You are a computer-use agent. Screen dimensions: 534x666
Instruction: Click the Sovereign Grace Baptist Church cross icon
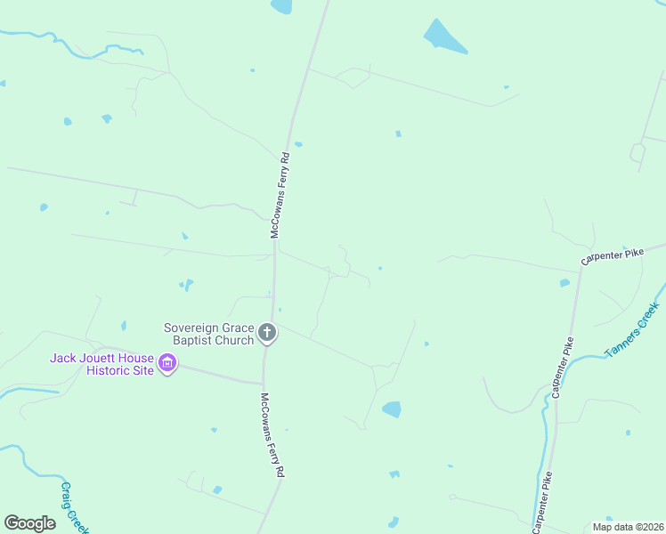click(267, 334)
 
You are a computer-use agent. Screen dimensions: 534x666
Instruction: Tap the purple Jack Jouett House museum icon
click(166, 363)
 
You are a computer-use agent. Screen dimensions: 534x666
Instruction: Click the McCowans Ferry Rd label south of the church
click(272, 435)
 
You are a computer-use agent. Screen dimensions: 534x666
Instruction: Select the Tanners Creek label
click(632, 330)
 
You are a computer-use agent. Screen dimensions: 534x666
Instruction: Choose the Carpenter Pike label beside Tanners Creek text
click(563, 366)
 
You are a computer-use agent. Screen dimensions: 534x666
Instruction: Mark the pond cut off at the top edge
click(281, 5)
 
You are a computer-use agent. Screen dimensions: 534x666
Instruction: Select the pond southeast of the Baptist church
click(391, 409)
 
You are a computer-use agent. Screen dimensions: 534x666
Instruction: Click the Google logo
click(29, 523)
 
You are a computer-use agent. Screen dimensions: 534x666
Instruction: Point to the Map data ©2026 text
click(627, 527)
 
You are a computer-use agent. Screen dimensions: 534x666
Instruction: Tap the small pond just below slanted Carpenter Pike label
click(564, 283)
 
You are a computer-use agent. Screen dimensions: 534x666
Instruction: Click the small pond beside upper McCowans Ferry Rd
click(298, 143)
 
